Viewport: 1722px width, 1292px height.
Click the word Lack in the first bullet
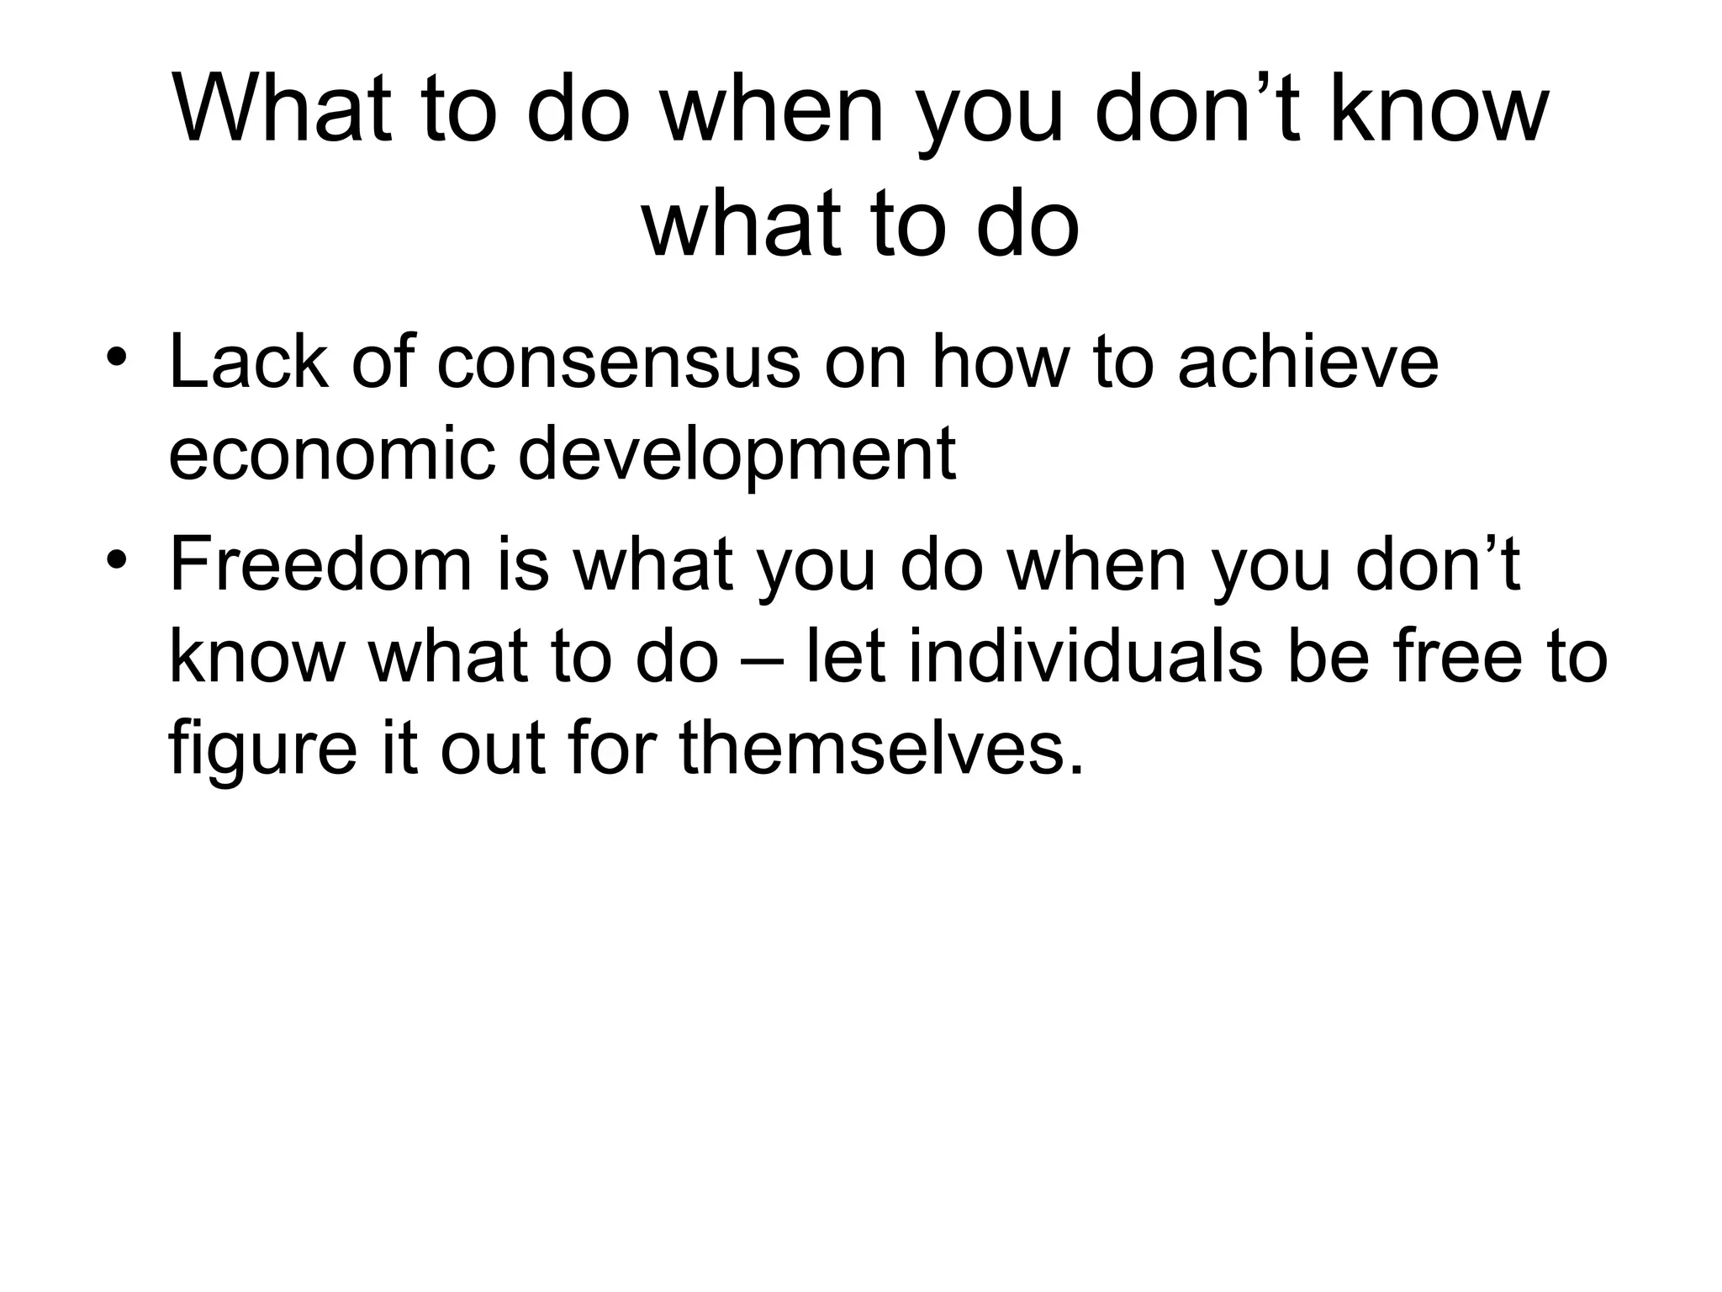248,363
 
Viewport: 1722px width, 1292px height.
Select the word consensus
619,363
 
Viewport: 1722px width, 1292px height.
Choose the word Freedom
320,565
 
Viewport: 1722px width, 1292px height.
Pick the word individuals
1085,657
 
